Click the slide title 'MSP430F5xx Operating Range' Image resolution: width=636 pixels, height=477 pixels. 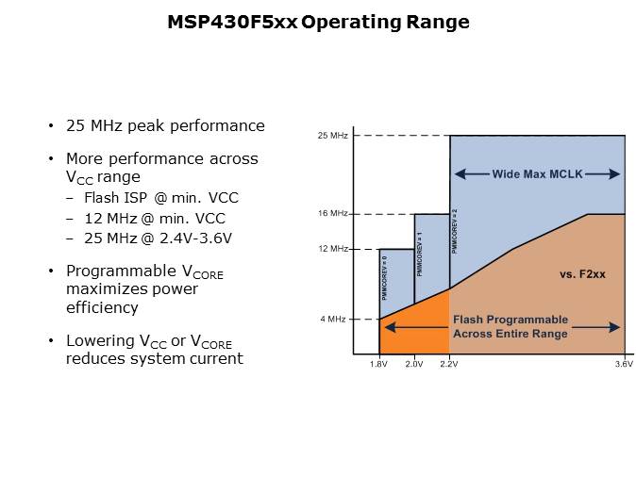(317, 22)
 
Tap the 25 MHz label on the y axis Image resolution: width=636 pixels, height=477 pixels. (332, 136)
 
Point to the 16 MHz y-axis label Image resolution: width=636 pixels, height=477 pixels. (332, 214)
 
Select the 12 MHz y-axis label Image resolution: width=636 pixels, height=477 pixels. (332, 249)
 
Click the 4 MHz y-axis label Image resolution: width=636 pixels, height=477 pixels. (334, 319)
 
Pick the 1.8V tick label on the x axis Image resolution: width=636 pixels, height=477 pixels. (378, 364)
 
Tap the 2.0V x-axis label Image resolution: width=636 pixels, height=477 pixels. (414, 364)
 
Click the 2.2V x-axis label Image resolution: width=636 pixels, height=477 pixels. (449, 364)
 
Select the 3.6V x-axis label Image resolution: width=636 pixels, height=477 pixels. (624, 364)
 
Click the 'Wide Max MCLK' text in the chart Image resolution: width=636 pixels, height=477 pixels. (537, 174)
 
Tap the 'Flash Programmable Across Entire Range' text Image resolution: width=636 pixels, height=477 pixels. (510, 326)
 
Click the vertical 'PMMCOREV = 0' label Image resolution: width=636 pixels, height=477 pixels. (385, 278)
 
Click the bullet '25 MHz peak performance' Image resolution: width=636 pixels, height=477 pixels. (165, 126)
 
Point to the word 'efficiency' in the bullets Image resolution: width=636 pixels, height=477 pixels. (102, 307)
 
